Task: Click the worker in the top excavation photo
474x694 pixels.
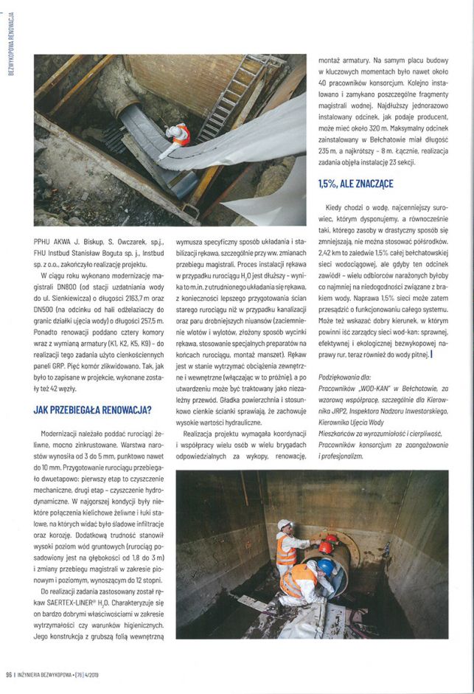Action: (x=178, y=136)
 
